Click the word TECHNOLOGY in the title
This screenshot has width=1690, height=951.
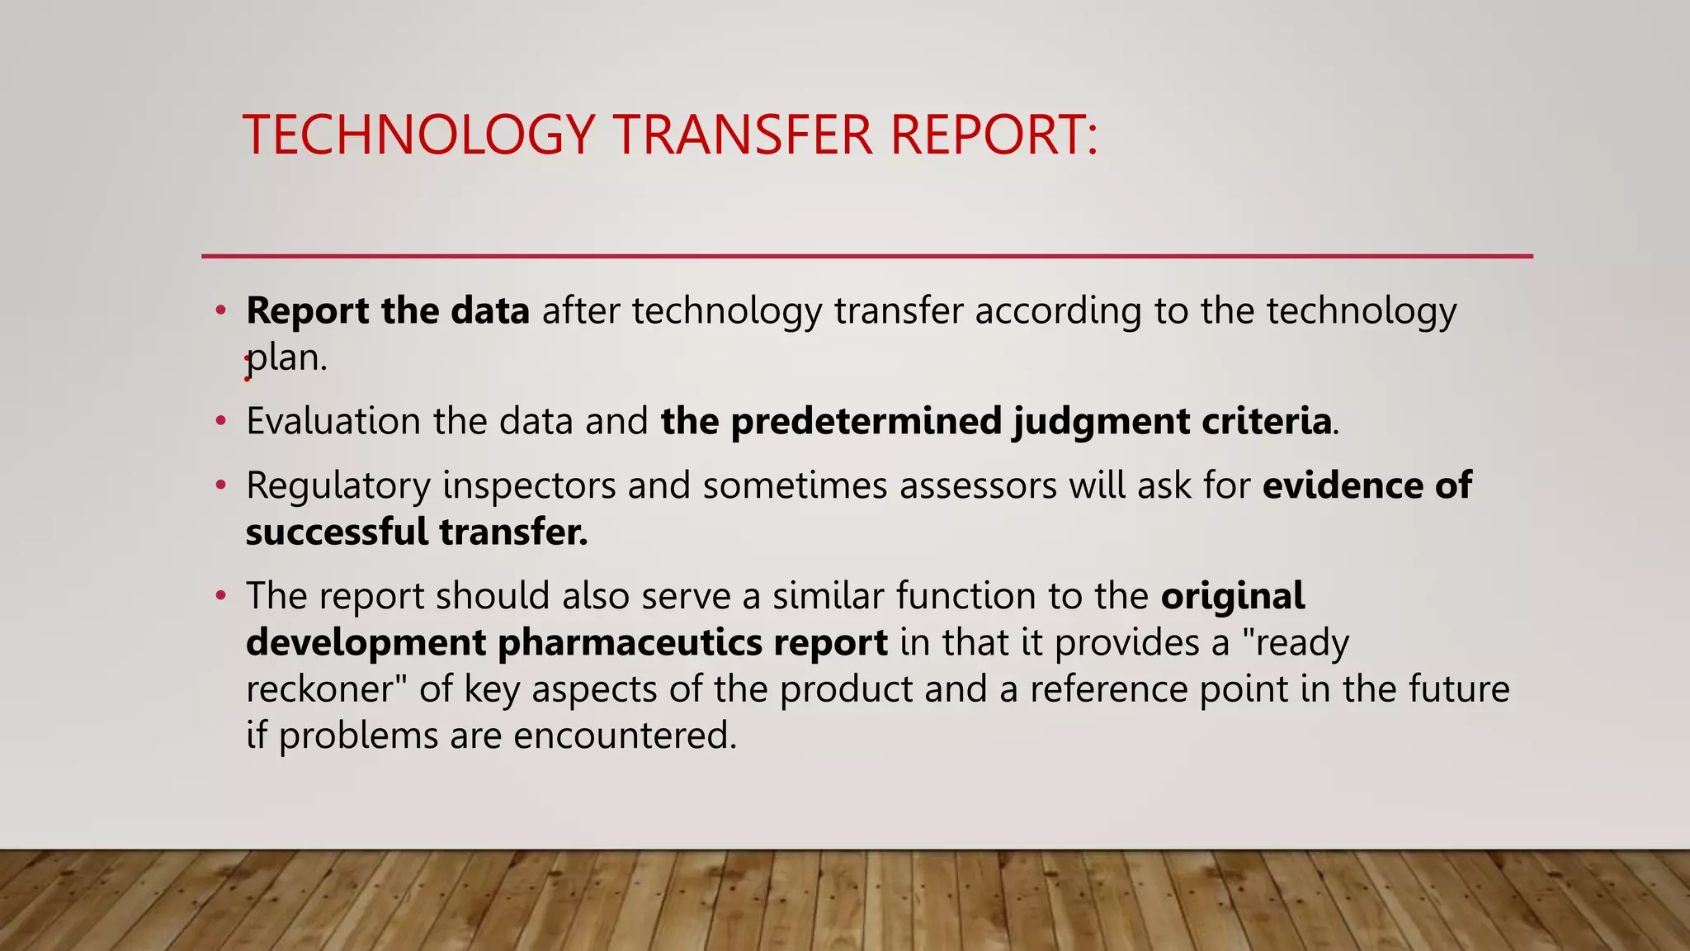tap(418, 135)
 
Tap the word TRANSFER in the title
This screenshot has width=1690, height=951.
tap(742, 135)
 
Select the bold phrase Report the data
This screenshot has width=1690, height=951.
tap(387, 311)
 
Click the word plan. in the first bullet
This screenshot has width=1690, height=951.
tap(287, 358)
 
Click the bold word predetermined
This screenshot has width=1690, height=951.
tap(866, 421)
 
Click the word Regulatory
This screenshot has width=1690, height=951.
tap(338, 486)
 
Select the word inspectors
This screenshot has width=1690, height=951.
tap(528, 486)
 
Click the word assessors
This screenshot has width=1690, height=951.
tap(978, 485)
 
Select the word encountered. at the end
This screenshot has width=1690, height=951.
tap(625, 736)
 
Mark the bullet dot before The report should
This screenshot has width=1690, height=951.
tap(220, 595)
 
